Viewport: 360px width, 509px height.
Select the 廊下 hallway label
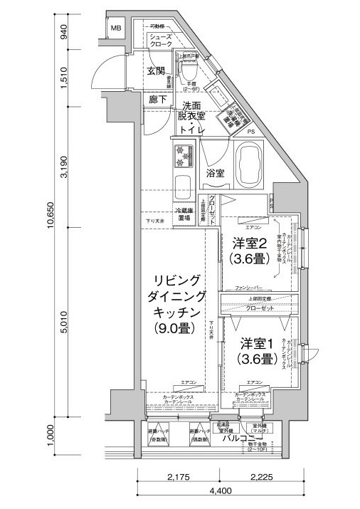(x=158, y=100)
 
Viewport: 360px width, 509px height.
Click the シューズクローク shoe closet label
(x=161, y=41)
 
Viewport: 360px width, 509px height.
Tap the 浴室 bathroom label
(x=217, y=173)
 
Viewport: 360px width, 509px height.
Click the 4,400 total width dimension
(x=219, y=490)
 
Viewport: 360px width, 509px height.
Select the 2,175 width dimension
(x=183, y=476)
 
